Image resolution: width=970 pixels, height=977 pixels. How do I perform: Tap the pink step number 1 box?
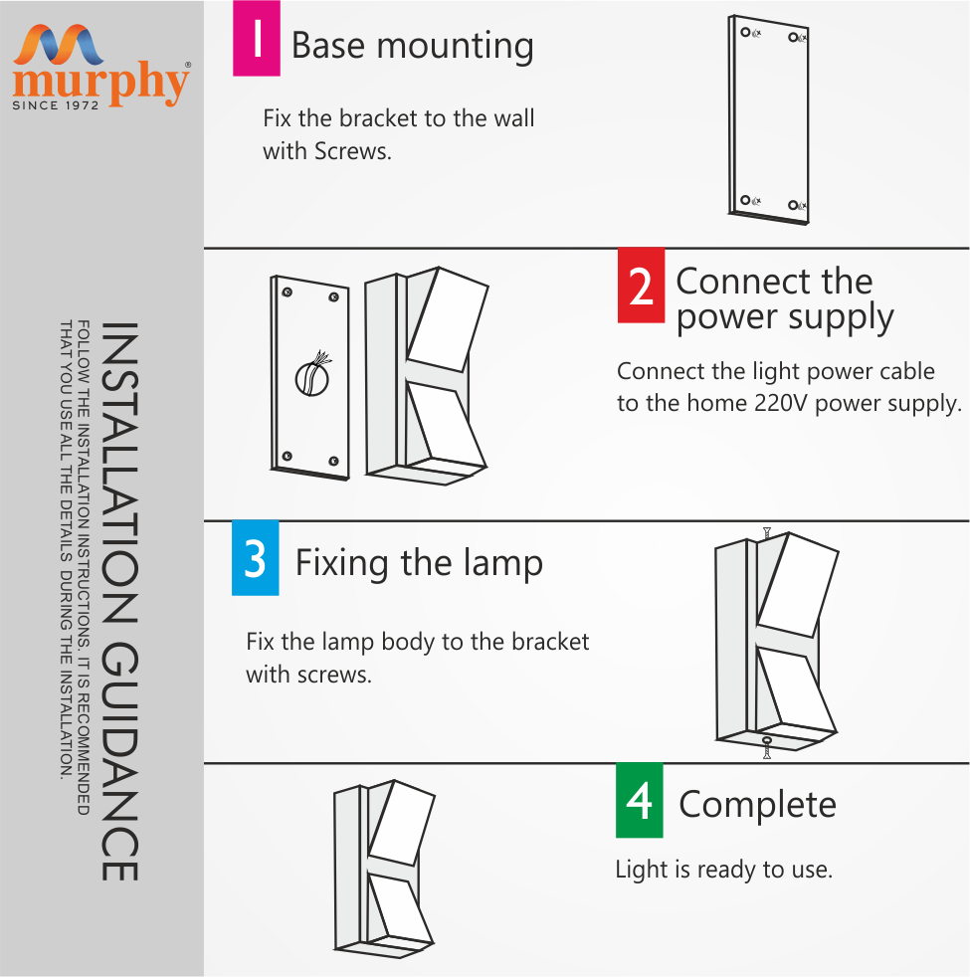[x=256, y=39]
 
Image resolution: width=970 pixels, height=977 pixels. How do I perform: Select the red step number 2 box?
[x=641, y=286]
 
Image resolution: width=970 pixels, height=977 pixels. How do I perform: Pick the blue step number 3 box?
[x=255, y=558]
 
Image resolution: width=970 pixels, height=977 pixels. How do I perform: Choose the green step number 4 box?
[x=639, y=800]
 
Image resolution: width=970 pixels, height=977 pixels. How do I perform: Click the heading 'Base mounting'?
[x=412, y=46]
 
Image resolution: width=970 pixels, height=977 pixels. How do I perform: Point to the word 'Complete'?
[x=757, y=804]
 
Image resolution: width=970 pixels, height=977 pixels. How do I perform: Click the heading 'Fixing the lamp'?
[x=419, y=563]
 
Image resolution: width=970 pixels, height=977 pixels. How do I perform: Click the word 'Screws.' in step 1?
[x=352, y=152]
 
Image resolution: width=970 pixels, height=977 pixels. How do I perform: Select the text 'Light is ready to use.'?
[x=723, y=870]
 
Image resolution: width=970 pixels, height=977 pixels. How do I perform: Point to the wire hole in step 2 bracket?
[x=310, y=377]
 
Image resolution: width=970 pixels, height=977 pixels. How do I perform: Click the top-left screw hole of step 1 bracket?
[x=746, y=33]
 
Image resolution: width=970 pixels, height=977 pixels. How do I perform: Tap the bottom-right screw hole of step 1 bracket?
[x=794, y=205]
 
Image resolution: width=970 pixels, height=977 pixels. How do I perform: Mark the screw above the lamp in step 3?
[x=766, y=533]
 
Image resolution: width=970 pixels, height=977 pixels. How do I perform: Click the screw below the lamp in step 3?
[x=766, y=745]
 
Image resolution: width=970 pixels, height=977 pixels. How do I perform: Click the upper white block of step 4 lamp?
[x=403, y=822]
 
